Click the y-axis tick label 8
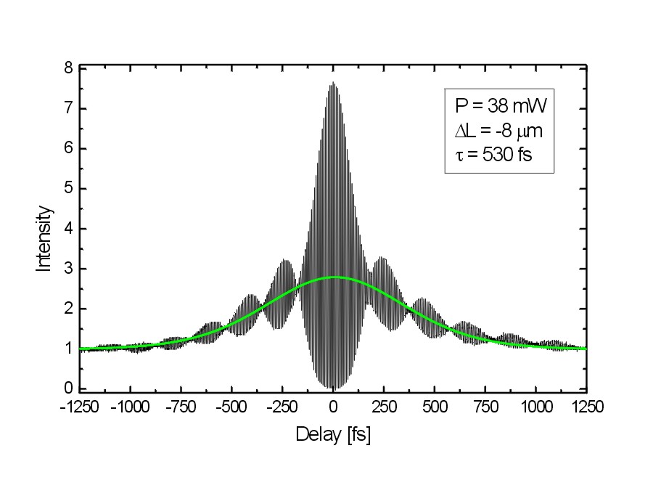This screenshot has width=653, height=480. (x=68, y=68)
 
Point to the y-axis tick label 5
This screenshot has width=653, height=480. (x=68, y=189)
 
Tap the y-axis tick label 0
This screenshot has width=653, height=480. (x=68, y=389)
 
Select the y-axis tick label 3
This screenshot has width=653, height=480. (x=68, y=269)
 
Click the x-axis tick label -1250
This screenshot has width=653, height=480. (x=80, y=407)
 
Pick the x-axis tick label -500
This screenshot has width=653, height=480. (x=231, y=407)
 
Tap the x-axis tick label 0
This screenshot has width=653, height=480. (x=333, y=407)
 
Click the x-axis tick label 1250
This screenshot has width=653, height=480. (x=585, y=407)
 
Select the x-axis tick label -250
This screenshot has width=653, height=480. (x=282, y=407)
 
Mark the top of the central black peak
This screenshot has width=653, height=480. (x=333, y=83)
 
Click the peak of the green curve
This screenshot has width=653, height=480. (x=333, y=277)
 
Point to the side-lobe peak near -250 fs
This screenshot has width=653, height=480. (x=285, y=260)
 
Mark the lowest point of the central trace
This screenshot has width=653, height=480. (x=333, y=387)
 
